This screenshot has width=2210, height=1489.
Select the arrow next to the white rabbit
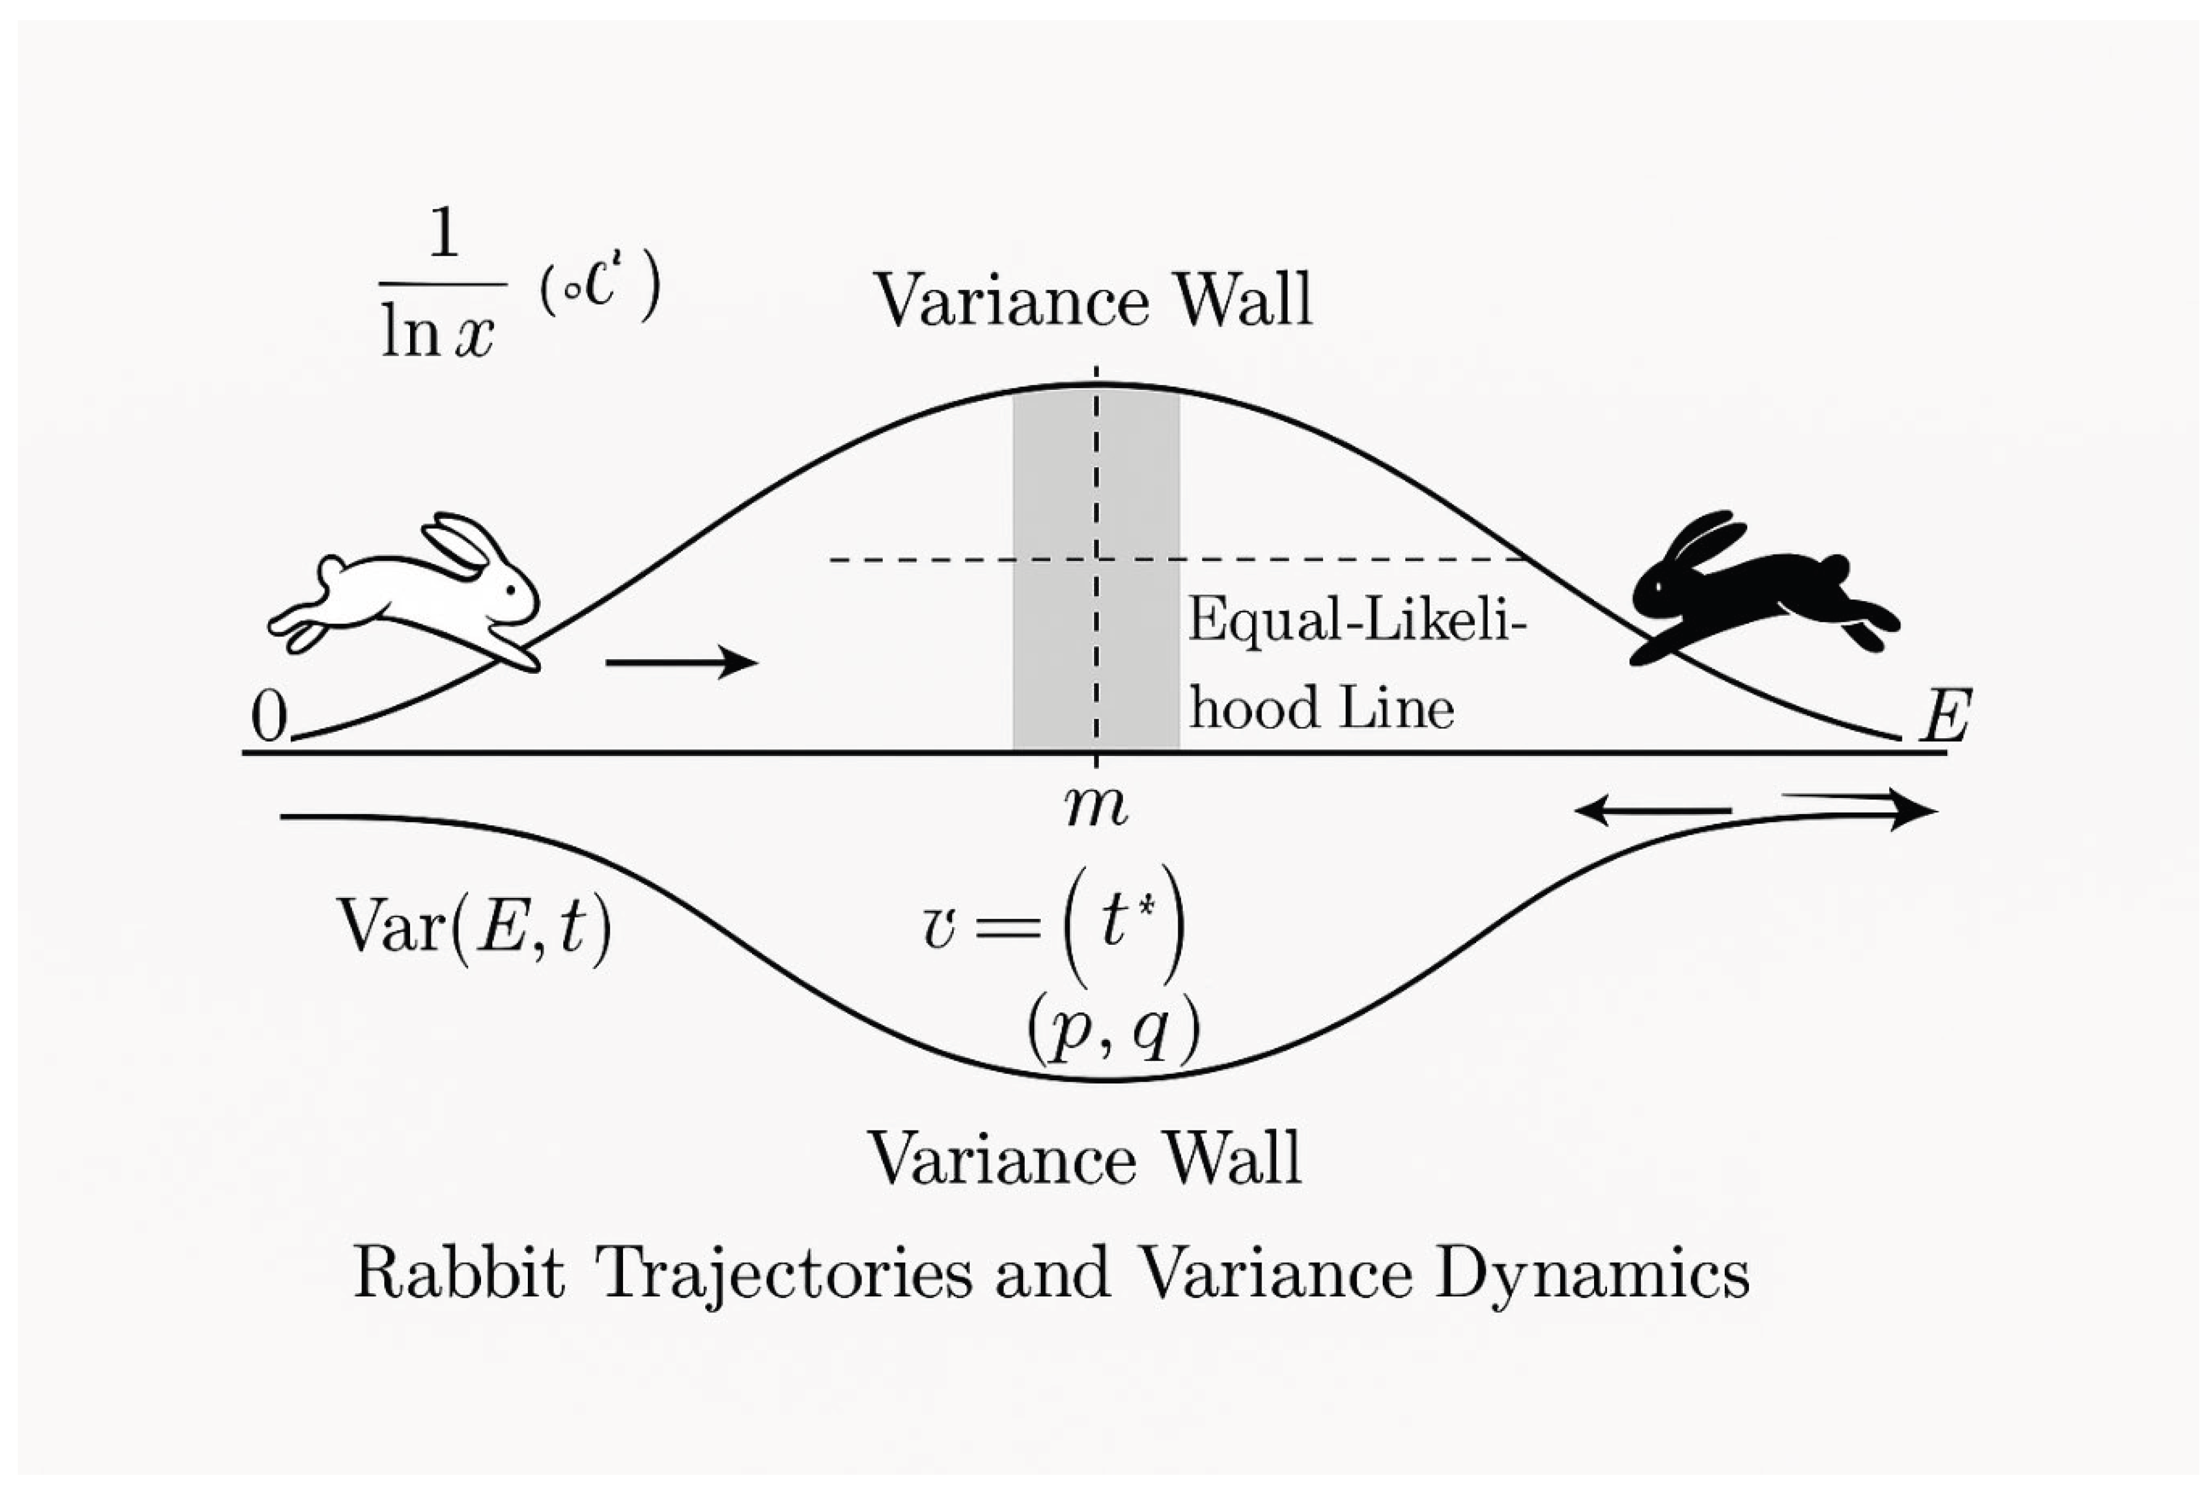[681, 662]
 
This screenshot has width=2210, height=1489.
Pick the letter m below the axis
[1096, 807]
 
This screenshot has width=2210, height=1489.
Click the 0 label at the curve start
[269, 717]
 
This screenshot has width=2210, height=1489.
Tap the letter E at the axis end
[1945, 717]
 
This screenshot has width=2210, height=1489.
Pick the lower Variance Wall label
[1085, 1158]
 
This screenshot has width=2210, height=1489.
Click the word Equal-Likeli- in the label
[1356, 622]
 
